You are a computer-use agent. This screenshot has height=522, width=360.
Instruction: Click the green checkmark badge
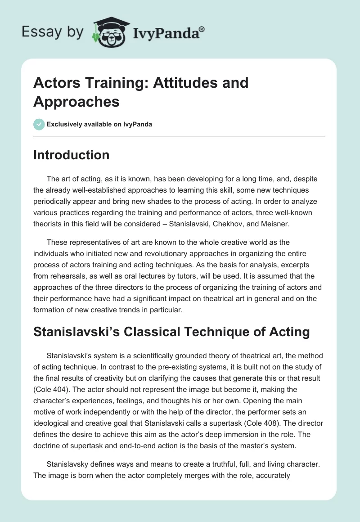click(39, 124)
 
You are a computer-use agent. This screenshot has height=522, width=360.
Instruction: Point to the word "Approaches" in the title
click(76, 102)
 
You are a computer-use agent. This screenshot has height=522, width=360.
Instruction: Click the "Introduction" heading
click(72, 155)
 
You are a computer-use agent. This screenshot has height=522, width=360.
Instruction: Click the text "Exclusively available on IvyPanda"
click(99, 124)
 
